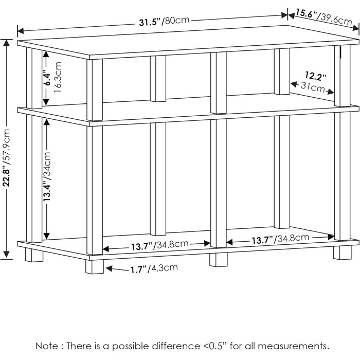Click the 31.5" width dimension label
[165, 21]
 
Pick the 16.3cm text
[58, 77]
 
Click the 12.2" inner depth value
[315, 76]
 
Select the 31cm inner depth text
[313, 87]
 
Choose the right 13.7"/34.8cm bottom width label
[281, 239]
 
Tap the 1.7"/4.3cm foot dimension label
[154, 268]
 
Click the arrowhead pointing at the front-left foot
[109, 268]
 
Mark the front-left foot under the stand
[95, 266]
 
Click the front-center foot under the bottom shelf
[219, 260]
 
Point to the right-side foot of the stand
[343, 253]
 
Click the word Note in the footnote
[47, 346]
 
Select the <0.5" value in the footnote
[215, 346]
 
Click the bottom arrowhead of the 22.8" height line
[6, 255]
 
